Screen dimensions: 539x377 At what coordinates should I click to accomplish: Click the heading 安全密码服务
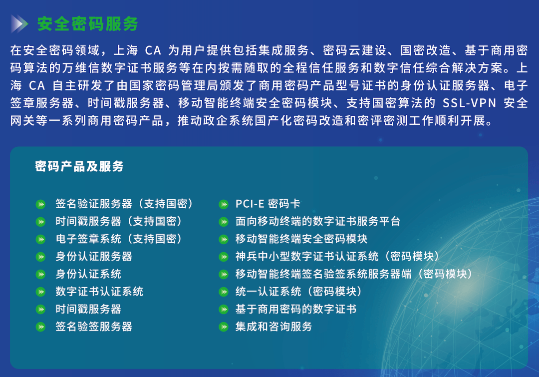88,24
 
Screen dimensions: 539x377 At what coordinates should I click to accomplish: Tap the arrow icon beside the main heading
19,24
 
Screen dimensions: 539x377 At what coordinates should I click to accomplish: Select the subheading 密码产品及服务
79,166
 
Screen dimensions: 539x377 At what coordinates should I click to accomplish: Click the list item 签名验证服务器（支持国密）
124,204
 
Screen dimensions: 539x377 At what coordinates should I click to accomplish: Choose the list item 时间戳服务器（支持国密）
119,221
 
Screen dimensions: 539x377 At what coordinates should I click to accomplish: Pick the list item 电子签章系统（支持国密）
119,239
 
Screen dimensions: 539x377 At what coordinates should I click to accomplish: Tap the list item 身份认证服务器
94,256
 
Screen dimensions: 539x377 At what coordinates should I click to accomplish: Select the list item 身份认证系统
88,274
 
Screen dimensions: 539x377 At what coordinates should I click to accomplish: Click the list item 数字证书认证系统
99,291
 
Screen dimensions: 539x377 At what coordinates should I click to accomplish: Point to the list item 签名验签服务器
94,327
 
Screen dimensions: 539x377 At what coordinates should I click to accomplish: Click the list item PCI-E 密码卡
268,204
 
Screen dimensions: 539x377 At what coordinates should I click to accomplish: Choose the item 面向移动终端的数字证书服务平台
318,221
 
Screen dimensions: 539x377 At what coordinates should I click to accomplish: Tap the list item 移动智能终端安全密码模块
301,239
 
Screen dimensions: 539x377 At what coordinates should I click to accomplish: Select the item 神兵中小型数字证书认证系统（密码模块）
337,256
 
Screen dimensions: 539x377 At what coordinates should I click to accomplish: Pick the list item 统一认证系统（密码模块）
299,291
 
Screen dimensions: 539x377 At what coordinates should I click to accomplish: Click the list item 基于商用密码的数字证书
296,309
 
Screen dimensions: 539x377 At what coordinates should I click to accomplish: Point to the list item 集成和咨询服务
274,327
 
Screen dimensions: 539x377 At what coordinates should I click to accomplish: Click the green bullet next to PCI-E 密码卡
224,204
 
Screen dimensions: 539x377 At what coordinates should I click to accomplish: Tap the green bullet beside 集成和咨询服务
224,327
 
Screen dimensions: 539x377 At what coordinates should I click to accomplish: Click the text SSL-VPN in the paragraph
469,103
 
